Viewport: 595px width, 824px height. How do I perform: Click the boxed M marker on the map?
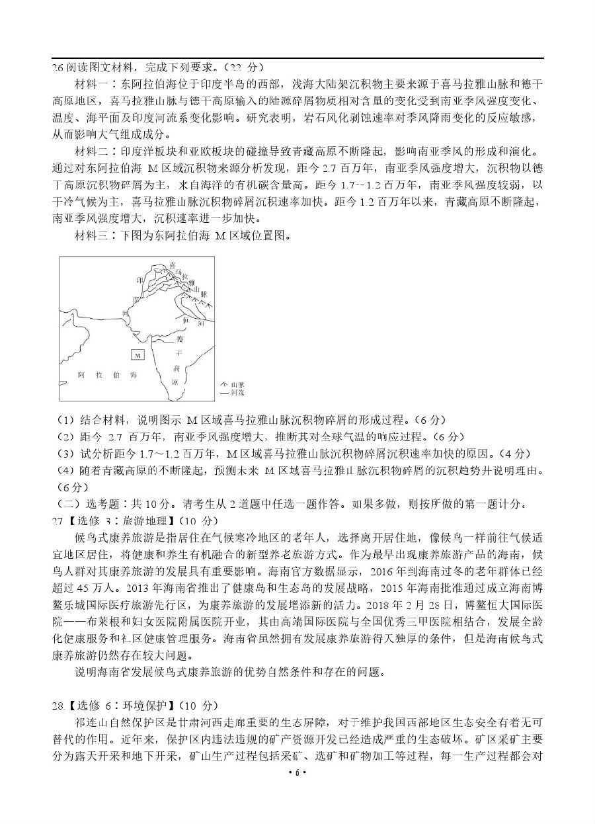pyautogui.click(x=138, y=355)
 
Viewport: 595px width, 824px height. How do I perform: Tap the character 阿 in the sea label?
pyautogui.click(x=81, y=375)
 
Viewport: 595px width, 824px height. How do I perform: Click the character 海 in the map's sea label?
pyautogui.click(x=133, y=375)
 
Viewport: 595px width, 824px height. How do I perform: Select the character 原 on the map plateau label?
pyautogui.click(x=175, y=382)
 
